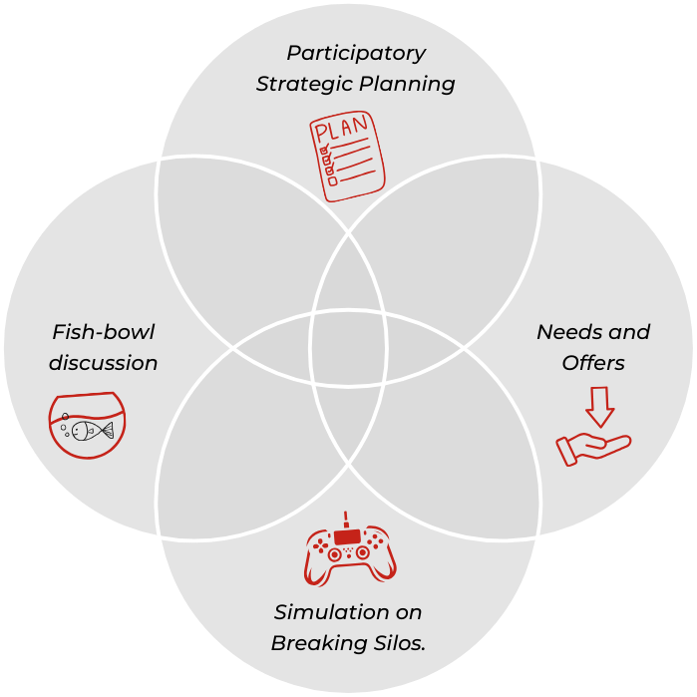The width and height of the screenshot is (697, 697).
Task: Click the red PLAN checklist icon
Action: [346, 158]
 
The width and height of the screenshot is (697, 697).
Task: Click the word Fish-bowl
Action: [104, 332]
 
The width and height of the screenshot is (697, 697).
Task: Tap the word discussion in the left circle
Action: [104, 363]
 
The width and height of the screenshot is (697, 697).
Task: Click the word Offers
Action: [593, 363]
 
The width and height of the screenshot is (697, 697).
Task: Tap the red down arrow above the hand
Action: [598, 406]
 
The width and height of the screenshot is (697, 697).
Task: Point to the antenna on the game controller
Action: [346, 521]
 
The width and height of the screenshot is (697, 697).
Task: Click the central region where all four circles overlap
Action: [348, 348]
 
